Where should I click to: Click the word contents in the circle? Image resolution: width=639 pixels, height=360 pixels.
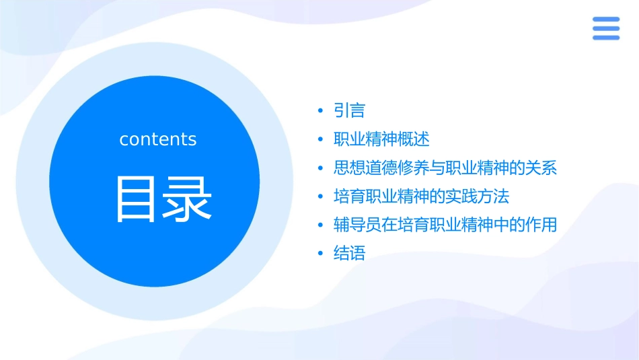pos(158,139)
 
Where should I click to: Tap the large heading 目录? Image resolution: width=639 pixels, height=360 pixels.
pos(163,199)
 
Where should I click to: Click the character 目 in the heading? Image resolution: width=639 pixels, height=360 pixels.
pos(138,199)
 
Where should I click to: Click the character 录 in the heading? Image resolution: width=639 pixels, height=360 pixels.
pos(188,199)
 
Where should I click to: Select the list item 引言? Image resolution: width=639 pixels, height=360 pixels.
pos(349,110)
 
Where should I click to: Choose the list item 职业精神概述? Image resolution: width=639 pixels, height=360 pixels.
pos(381,139)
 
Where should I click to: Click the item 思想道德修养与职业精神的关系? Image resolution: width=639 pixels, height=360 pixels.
pos(445,168)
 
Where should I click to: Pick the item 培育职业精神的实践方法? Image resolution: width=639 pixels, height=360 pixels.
pos(421,196)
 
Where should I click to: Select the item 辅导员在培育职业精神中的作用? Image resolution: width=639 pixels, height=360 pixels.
pos(445,225)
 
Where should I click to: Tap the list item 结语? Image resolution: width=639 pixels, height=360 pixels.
pos(349,254)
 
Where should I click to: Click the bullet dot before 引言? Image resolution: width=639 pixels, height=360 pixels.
pos(321,111)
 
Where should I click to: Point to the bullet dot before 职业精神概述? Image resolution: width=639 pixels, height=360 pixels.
pos(321,140)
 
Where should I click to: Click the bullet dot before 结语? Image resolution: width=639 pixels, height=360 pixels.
pos(321,254)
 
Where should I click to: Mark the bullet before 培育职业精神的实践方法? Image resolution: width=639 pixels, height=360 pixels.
pos(321,197)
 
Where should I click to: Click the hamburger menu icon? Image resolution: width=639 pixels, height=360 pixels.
pos(605,28)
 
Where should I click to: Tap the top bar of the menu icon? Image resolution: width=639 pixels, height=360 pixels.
pos(605,19)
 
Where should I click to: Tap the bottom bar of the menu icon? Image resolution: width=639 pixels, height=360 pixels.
pos(605,38)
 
